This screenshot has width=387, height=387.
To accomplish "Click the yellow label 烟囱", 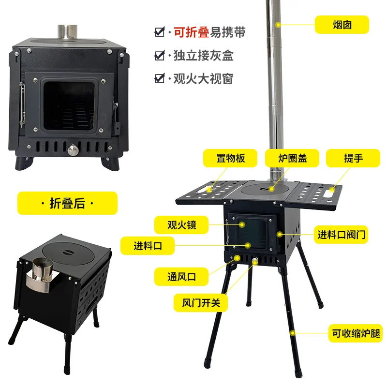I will point(342,24).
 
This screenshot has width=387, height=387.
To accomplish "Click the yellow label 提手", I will point(353,158).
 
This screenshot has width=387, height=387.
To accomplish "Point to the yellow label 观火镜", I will point(182,225).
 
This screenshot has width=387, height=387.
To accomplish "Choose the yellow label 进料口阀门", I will point(342,236).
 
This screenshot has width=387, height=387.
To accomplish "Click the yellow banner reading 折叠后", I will point(67,203).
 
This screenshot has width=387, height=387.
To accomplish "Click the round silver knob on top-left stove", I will point(72,149).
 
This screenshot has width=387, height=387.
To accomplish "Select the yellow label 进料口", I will point(148,246).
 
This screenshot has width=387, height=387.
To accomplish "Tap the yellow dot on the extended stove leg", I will point(294,333).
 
